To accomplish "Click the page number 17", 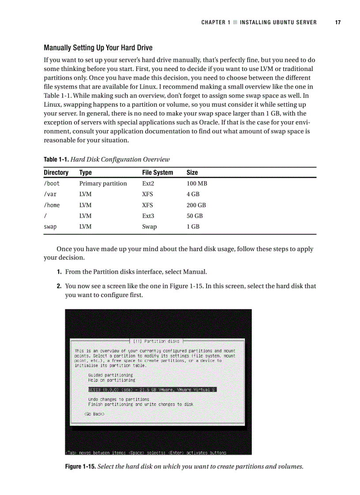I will [x=337, y=22].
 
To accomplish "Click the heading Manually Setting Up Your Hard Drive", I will [x=98, y=48].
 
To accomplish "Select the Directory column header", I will [x=56, y=172].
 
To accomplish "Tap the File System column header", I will [x=157, y=172].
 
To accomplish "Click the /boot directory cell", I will [x=52, y=183].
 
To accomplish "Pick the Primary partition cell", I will [x=103, y=183].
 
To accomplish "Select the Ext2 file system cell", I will [x=148, y=183].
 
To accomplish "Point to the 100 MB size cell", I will [x=197, y=183].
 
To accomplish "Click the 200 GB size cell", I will [x=196, y=205].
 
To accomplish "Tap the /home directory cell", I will [x=52, y=205].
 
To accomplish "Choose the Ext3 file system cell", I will [x=148, y=216].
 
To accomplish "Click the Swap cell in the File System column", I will [x=149, y=227].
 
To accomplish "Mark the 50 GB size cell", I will [x=195, y=216].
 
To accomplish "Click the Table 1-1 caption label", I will [x=56, y=160].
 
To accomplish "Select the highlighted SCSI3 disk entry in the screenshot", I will [x=152, y=390].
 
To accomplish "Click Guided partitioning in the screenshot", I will [x=110, y=375].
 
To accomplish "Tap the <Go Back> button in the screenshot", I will [x=94, y=414].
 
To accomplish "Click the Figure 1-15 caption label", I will [x=80, y=467].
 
